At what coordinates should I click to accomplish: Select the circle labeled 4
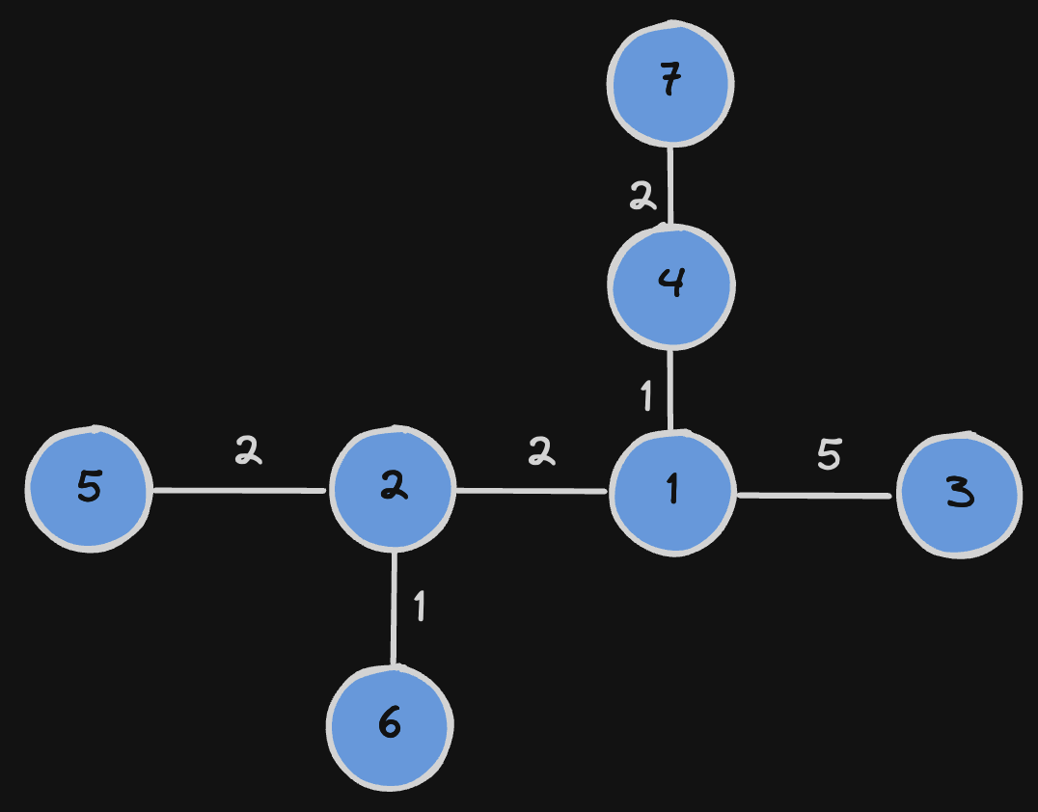pyautogui.click(x=671, y=284)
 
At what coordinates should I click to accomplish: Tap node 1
pyautogui.click(x=672, y=493)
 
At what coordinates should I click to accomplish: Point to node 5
pyautogui.click(x=89, y=489)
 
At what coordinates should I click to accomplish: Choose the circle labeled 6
pyautogui.click(x=390, y=726)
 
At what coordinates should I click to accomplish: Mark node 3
pyautogui.click(x=959, y=495)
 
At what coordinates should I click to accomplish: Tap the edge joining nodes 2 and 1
pyautogui.click(x=532, y=491)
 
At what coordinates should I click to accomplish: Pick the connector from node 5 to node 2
pyautogui.click(x=239, y=491)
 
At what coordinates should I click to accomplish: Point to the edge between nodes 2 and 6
pyautogui.click(x=394, y=608)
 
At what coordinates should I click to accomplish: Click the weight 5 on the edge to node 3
pyautogui.click(x=829, y=453)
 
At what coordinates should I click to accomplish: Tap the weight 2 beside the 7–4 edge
pyautogui.click(x=642, y=198)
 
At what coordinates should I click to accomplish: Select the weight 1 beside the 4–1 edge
pyautogui.click(x=646, y=394)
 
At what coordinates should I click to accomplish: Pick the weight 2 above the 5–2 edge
pyautogui.click(x=249, y=449)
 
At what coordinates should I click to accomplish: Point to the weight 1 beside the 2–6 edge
pyautogui.click(x=419, y=607)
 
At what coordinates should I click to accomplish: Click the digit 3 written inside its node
pyautogui.click(x=959, y=495)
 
